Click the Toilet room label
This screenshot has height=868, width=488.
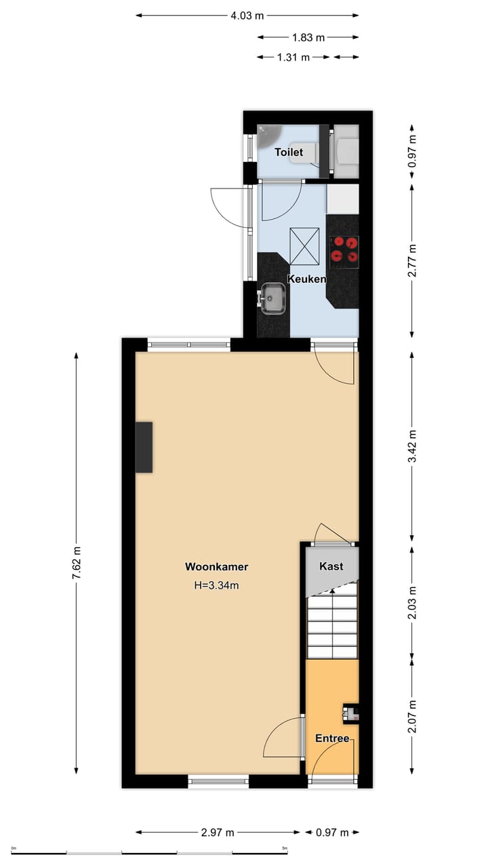288,153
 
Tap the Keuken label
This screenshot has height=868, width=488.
307,279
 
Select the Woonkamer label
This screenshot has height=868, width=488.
216,567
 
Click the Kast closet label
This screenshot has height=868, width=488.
331,566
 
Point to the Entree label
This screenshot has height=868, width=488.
332,738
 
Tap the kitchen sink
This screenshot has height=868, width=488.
274,298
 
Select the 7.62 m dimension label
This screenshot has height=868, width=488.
77,563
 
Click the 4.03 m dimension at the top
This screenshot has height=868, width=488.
247,15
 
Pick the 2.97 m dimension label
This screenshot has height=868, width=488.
218,833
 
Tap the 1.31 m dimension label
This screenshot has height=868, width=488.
293,58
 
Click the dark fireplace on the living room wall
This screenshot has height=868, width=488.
144,447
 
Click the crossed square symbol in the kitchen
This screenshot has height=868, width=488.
304,247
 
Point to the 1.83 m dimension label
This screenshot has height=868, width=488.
308,37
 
